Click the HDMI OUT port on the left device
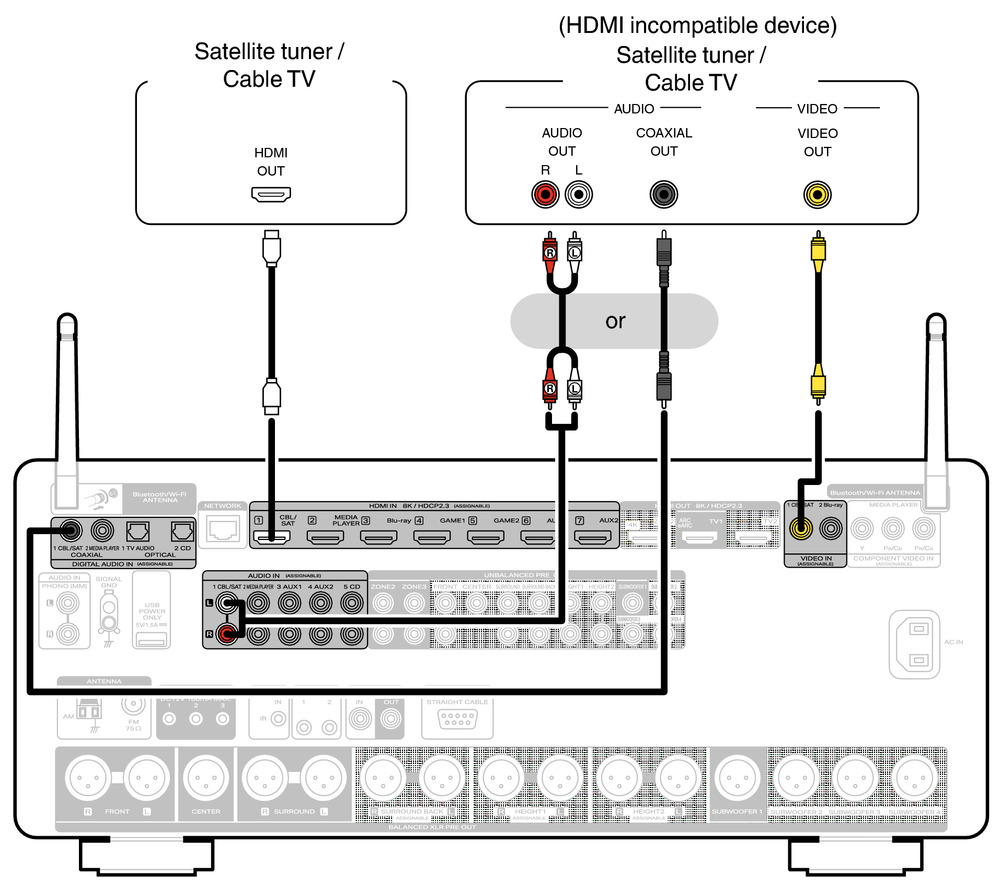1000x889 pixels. click(271, 194)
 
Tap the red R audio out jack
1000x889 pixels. click(545, 195)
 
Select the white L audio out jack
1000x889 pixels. click(578, 195)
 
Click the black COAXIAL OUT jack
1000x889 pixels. click(663, 195)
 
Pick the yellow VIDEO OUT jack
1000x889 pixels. click(817, 195)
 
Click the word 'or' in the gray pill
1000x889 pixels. click(615, 321)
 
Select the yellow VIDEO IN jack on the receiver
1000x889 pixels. click(801, 528)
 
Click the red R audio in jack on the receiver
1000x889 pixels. click(227, 634)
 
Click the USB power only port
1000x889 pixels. click(151, 639)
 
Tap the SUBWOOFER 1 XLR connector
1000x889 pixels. click(737, 778)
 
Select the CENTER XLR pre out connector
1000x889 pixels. click(206, 778)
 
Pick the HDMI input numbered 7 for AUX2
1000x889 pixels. click(592, 537)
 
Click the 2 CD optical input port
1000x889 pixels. click(182, 532)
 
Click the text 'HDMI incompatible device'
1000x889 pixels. click(697, 26)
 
